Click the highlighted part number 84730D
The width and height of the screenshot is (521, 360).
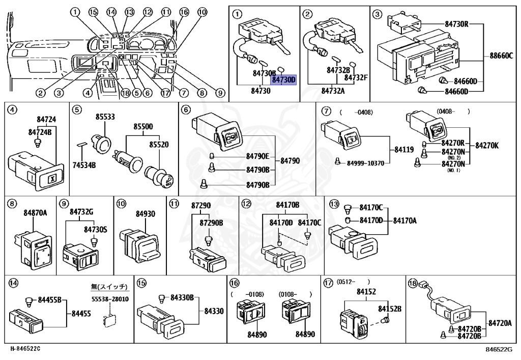[x=283, y=80]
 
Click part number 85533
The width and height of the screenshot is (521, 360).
[x=104, y=117]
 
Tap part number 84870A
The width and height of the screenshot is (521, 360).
[x=35, y=213]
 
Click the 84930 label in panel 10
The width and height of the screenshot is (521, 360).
[x=145, y=214]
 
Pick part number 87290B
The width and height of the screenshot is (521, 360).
[x=211, y=223]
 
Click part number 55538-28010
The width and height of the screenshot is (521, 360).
[x=110, y=299]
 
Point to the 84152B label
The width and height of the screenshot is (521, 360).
[x=389, y=309]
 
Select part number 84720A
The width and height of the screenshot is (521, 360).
[x=500, y=323]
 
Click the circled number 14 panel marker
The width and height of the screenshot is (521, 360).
[x=12, y=283]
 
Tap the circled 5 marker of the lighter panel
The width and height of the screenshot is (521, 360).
[x=77, y=109]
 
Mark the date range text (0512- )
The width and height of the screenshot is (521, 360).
[x=353, y=281]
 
